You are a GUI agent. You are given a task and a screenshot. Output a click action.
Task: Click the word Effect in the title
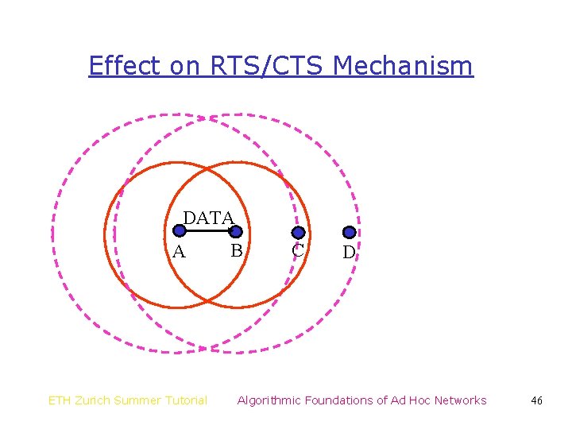click(125, 65)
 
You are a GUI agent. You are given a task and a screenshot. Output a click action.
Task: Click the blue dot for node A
click(180, 231)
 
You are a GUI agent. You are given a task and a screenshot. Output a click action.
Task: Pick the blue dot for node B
click(236, 231)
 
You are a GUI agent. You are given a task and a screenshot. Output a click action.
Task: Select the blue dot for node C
click(298, 233)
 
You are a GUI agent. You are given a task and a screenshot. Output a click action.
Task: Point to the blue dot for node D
click(349, 233)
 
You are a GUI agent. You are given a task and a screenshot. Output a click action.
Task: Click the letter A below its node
click(179, 253)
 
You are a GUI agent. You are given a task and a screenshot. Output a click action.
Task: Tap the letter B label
click(236, 251)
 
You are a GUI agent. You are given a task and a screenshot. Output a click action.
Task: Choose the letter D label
click(348, 253)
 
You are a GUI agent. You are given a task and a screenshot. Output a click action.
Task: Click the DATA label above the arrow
click(209, 218)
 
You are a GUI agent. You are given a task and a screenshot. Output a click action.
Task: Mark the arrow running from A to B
click(207, 231)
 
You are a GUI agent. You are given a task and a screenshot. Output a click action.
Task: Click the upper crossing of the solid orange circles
click(207, 168)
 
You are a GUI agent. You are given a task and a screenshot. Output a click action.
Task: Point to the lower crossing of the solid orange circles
click(207, 300)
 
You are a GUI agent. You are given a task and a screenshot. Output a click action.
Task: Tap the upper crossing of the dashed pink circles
click(207, 118)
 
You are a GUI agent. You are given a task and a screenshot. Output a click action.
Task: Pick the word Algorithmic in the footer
click(270, 400)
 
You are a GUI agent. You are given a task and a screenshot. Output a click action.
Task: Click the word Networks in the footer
click(459, 400)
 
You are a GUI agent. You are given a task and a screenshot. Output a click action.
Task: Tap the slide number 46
click(536, 400)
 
